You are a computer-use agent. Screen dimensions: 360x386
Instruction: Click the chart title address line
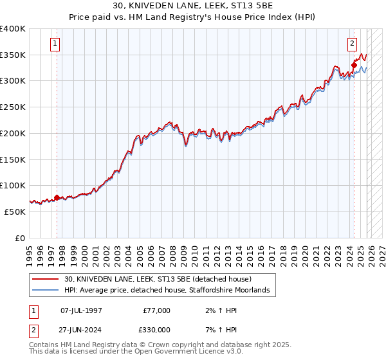pos(193,6)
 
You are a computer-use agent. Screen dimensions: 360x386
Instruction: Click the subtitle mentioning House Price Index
pos(193,17)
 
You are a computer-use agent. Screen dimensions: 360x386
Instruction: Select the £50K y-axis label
pos(15,212)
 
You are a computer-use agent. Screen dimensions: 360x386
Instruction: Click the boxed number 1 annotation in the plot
pos(56,44)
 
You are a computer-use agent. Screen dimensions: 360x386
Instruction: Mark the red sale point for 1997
pos(57,198)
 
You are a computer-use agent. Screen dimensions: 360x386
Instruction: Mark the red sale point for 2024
pos(354,64)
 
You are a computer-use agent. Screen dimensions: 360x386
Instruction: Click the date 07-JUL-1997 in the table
pos(81,310)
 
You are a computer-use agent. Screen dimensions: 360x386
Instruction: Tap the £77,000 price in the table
pos(158,310)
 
